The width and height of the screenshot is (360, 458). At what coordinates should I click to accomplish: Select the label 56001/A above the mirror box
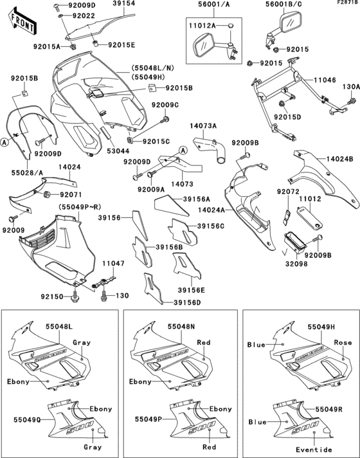(x=204, y=4)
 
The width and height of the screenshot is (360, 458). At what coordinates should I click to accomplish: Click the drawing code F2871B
(x=346, y=3)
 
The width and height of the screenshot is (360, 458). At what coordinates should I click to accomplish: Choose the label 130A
(x=350, y=86)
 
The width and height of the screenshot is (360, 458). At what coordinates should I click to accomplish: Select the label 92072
(x=287, y=192)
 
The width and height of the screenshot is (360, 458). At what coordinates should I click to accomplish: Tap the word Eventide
(x=314, y=449)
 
